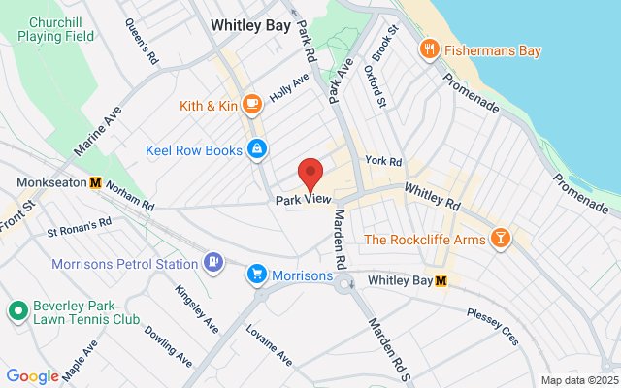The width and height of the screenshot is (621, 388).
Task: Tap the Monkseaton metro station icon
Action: [95, 182]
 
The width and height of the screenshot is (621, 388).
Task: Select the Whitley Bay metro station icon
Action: [441, 281]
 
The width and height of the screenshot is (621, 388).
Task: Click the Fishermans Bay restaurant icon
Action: [427, 48]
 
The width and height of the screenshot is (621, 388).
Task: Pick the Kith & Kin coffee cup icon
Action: [251, 103]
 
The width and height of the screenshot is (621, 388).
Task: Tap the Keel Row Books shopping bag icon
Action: [257, 149]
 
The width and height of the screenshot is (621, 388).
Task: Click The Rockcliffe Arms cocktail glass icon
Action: [500, 238]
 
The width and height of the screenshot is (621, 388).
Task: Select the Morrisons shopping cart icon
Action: [256, 275]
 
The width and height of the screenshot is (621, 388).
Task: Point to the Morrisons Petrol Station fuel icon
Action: [212, 262]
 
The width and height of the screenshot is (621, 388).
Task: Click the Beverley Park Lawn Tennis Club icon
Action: [16, 311]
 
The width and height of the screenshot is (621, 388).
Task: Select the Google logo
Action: [32, 376]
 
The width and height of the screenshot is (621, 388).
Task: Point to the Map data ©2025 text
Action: [579, 380]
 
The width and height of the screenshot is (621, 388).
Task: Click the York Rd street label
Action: [383, 161]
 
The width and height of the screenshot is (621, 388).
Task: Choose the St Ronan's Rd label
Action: [80, 226]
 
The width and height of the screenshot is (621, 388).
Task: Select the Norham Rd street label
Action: [130, 198]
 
